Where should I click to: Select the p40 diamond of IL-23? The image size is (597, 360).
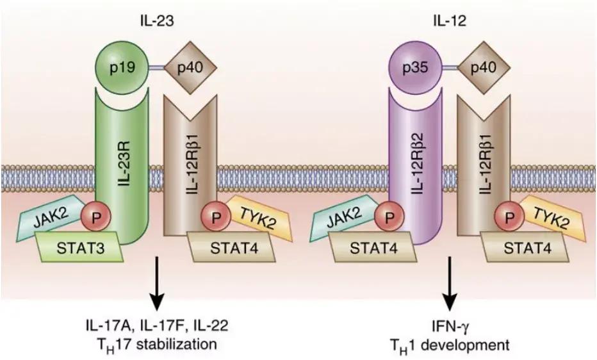192,66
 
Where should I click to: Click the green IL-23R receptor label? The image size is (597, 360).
126,164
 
